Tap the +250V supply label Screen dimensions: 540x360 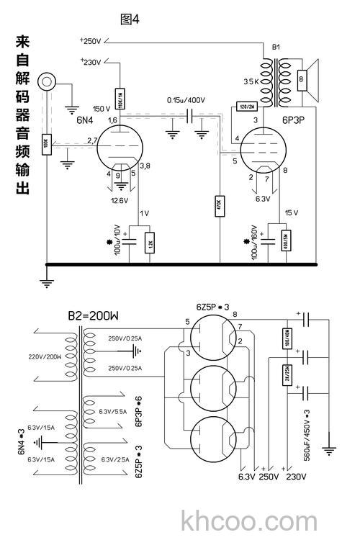pos(91,41)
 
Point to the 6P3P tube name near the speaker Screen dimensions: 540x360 pos(292,120)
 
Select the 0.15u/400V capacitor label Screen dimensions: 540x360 pos(186,99)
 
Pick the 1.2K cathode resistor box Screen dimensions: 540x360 pos(150,243)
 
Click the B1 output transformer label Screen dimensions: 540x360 pos(276,47)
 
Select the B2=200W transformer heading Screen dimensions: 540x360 pos(93,315)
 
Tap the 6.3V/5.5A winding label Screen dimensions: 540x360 pos(114,411)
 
